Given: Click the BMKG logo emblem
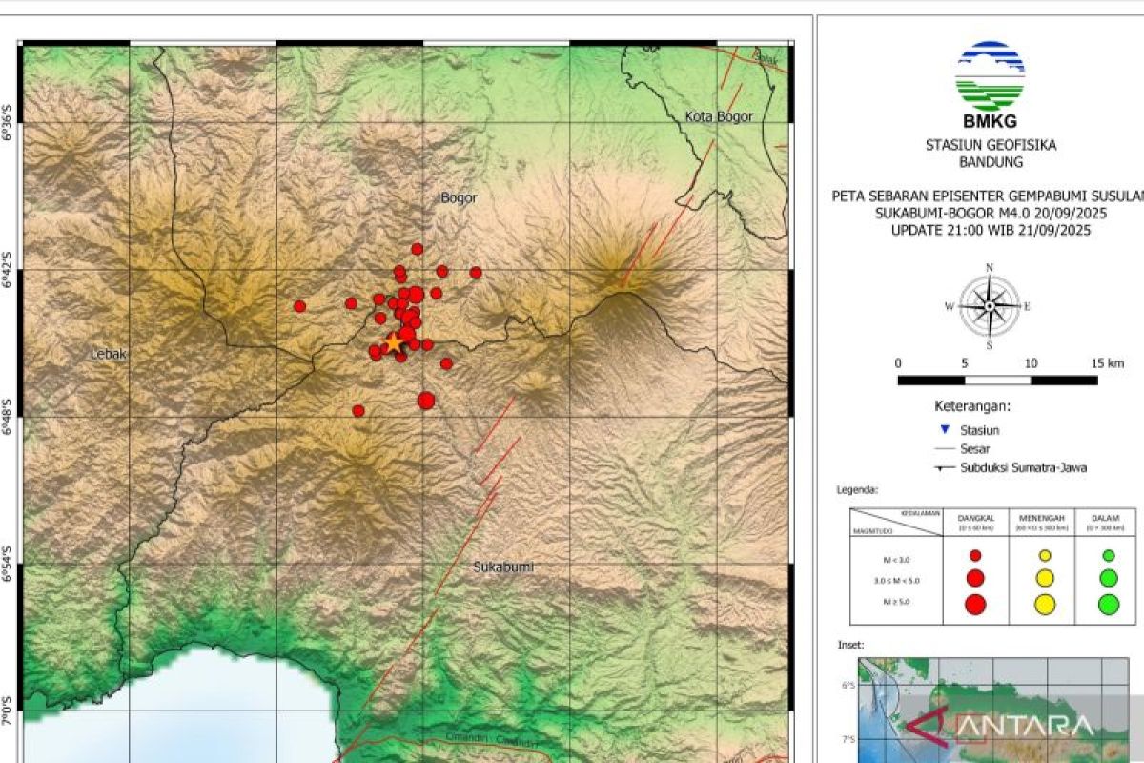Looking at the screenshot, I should [990, 75].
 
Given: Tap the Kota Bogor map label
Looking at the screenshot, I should [719, 116].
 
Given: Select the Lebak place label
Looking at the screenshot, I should [109, 354].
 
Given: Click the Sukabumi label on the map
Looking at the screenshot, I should [503, 567].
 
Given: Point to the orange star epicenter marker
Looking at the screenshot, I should [393, 342].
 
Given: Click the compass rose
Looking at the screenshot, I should [990, 306].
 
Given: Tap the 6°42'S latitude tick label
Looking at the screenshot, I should [10, 270].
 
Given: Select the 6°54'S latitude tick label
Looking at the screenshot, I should [10, 565].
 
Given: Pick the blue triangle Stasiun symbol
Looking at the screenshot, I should [945, 430].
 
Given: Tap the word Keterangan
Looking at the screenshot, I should [971, 405].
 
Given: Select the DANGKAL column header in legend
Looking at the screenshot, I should [975, 519].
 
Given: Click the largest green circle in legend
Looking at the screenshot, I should [1109, 603].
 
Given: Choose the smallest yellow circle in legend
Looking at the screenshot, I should [1045, 555].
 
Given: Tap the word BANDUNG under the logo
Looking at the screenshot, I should [991, 162].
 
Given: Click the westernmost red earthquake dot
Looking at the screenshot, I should [299, 306].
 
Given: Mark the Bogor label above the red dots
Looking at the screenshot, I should [459, 198].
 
